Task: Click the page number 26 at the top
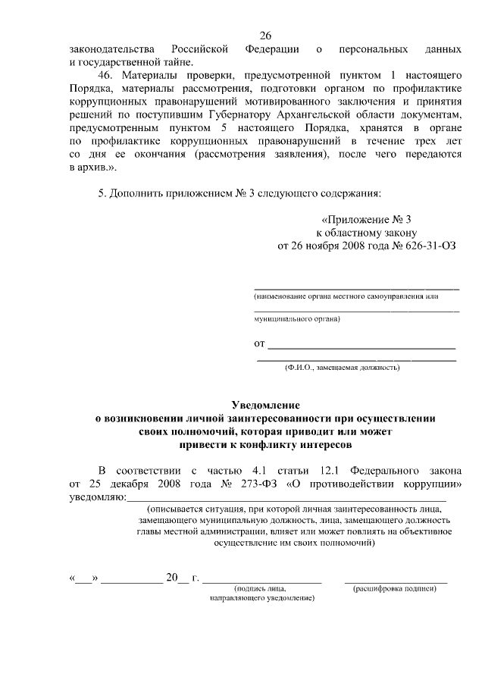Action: point(265,35)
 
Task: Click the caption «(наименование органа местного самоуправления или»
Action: point(346,296)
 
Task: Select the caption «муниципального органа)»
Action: point(297,320)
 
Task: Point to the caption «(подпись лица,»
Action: point(261,589)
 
